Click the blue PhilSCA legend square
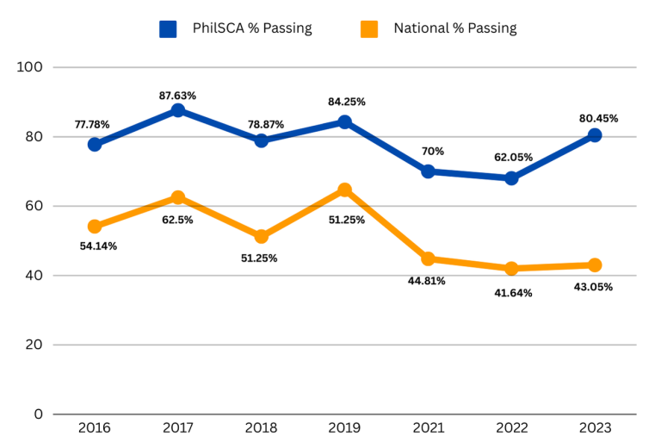[x=169, y=28]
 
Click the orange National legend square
[x=369, y=28]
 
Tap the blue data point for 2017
[x=178, y=110]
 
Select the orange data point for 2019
[x=344, y=190]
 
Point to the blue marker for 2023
[x=595, y=135]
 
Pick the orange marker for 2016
[x=95, y=227]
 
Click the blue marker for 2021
[x=428, y=171]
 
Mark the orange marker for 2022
[x=511, y=269]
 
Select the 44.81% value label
[x=427, y=281]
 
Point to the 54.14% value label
[x=98, y=246]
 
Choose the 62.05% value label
[x=515, y=157]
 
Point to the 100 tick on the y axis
[x=32, y=67]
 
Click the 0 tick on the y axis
[x=39, y=414]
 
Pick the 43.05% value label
[x=594, y=287]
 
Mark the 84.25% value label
[x=347, y=102]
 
